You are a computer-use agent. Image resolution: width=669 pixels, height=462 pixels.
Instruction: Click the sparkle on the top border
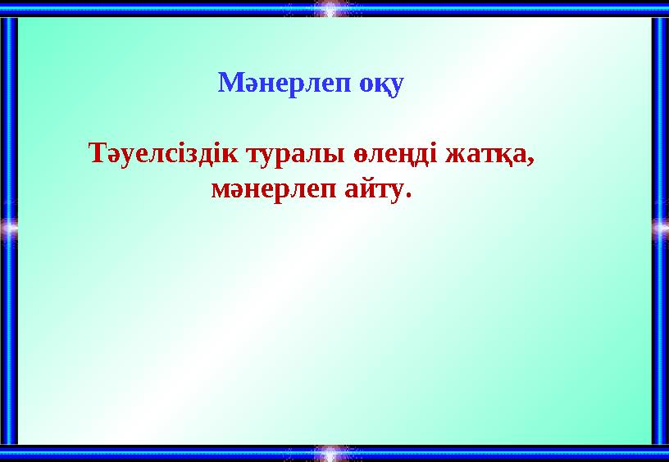tap(330, 9)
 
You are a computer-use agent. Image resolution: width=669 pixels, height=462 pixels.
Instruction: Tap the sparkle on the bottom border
tap(330, 452)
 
